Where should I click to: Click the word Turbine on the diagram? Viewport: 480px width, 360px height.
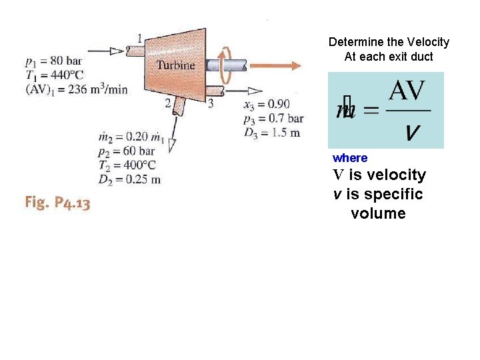pos(176,65)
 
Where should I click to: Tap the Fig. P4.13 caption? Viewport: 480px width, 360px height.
pos(57,203)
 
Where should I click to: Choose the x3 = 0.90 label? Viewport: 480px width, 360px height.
pos(267,105)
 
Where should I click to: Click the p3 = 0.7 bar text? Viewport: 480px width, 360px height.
pos(273,118)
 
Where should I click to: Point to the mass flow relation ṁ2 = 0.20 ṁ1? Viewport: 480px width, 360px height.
pos(131,138)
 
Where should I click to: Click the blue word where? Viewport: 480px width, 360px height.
pos(350,158)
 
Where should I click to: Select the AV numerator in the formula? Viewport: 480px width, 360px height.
pos(407,91)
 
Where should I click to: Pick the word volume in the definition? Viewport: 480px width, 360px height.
pos(378,213)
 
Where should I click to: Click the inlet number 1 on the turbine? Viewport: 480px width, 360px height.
pos(139,38)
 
